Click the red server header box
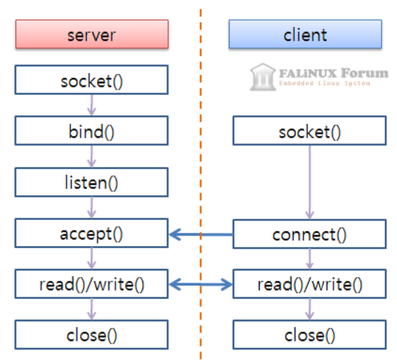click(92, 34)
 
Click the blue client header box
click(305, 34)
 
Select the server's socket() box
click(92, 81)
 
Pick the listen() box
click(92, 183)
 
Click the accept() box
click(92, 234)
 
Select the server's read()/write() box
click(92, 285)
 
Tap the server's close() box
click(92, 335)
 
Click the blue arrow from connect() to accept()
click(201, 235)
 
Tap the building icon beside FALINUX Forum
click(263, 77)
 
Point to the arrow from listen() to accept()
click(92, 209)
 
